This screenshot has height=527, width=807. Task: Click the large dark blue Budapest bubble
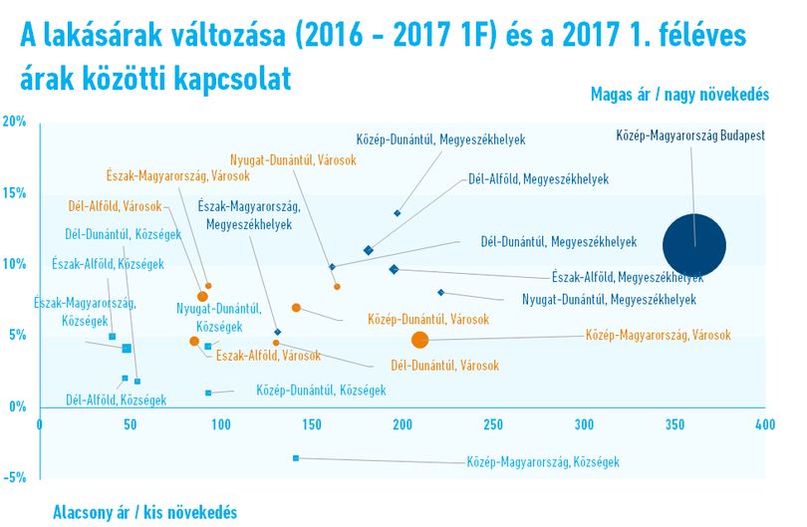694,245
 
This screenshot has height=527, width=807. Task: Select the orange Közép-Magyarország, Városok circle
420,340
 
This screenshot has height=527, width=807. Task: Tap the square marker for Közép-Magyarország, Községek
296,458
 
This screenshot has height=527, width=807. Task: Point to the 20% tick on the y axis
14,122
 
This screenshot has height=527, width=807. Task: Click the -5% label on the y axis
14,477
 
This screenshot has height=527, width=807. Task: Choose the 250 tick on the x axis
493,424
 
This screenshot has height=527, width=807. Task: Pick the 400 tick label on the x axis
765,424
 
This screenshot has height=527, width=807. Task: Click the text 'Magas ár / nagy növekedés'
679,95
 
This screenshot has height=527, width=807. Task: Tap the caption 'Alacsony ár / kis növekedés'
144,513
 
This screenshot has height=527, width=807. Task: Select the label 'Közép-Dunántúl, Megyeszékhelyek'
440,139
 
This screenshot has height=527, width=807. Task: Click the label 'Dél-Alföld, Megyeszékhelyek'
538,179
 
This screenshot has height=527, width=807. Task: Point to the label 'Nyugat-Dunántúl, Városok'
293,160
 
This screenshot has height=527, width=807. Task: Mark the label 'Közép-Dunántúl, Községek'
321,391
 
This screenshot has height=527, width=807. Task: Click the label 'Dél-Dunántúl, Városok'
444,366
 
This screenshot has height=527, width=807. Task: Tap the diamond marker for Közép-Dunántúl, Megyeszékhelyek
398,213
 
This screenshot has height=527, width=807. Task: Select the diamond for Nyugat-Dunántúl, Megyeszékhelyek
440,292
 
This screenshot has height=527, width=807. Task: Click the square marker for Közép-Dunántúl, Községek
208,393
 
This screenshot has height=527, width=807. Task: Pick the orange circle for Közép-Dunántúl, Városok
296,308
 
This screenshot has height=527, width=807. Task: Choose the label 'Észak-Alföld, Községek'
108,264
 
